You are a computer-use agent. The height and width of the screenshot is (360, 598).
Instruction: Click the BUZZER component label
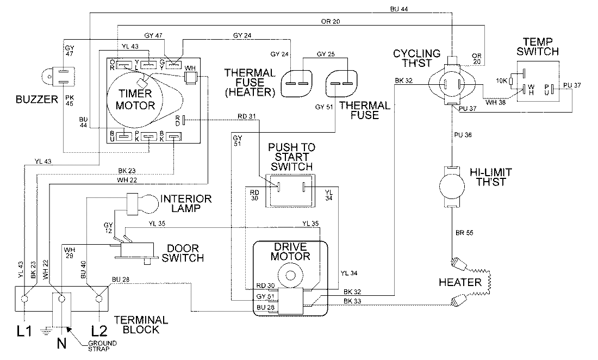click(x=36, y=100)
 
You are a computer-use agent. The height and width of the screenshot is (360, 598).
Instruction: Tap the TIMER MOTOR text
click(x=135, y=100)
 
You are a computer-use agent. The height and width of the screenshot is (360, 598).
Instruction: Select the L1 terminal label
click(x=24, y=331)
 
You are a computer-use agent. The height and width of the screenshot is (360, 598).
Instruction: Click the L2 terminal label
click(x=99, y=331)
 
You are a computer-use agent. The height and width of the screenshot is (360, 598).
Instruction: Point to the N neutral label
click(x=61, y=343)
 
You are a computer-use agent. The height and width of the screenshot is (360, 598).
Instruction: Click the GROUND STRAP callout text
click(x=102, y=345)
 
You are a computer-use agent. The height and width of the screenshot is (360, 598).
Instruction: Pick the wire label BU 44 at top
click(x=399, y=9)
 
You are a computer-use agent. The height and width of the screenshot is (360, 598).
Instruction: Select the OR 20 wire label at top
click(x=331, y=22)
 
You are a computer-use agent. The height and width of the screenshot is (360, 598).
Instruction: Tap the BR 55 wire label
click(x=464, y=233)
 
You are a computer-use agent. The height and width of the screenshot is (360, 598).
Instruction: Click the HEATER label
click(x=460, y=283)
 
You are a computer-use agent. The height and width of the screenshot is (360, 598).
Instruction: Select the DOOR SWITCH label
click(x=183, y=253)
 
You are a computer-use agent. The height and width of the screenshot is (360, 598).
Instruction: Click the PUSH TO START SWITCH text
click(x=292, y=157)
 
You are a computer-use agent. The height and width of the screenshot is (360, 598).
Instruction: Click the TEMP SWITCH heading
click(x=538, y=47)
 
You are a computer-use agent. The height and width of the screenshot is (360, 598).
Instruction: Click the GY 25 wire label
click(x=326, y=54)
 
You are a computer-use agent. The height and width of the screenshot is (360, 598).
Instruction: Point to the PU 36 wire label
click(x=463, y=135)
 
